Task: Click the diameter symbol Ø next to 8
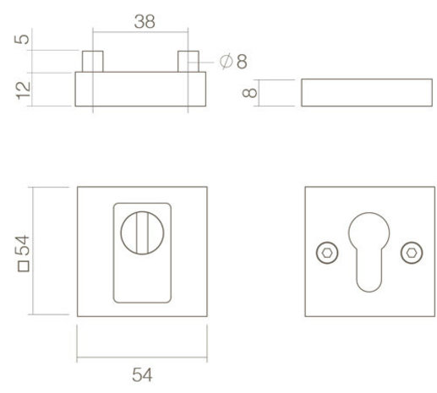click(x=225, y=62)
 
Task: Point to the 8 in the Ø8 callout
click(x=242, y=62)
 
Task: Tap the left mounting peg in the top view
click(x=93, y=62)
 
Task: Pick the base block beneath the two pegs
click(x=141, y=90)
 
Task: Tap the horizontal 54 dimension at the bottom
click(x=140, y=372)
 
